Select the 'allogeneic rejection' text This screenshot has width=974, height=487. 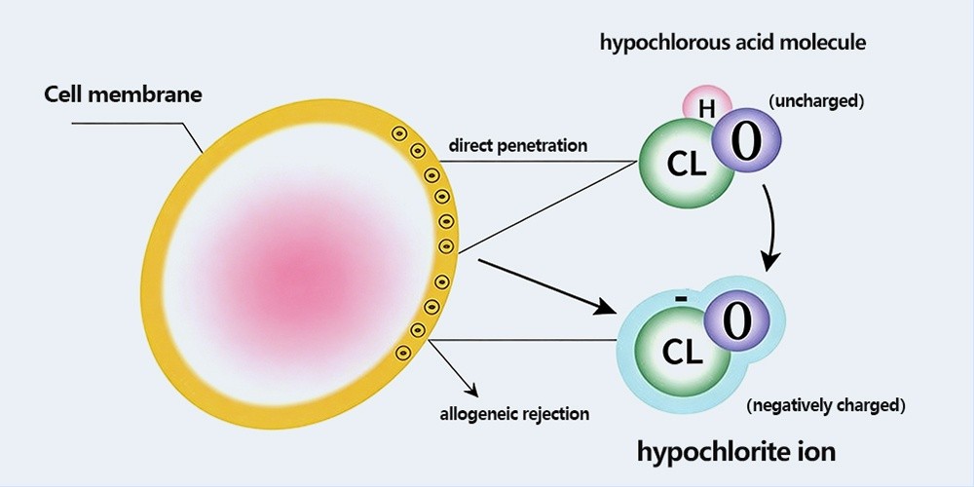click(513, 413)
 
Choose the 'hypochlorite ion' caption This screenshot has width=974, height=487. click(735, 452)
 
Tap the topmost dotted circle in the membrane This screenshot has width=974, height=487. click(398, 133)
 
